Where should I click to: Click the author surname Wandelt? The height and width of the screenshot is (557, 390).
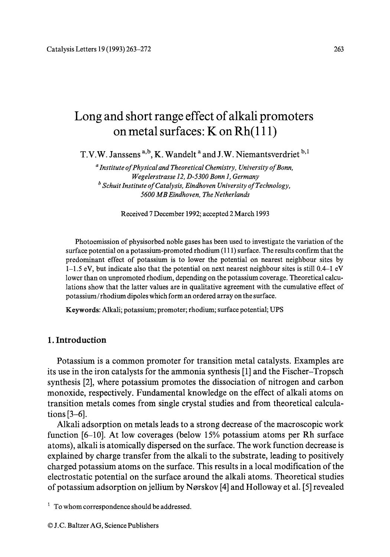tap(178, 154)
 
